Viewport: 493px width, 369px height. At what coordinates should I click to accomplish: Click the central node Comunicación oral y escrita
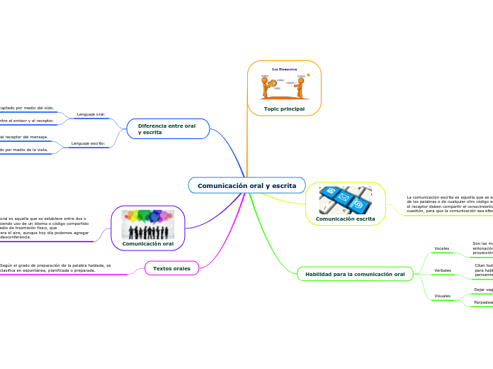(246, 185)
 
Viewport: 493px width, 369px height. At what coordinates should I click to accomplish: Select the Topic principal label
(284, 109)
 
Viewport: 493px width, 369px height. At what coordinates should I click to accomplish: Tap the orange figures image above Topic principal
(284, 84)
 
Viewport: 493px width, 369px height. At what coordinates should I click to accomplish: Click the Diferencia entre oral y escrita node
(168, 128)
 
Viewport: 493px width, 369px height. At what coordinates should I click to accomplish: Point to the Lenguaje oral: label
(91, 114)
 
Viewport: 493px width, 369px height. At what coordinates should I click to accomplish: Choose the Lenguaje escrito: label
(89, 143)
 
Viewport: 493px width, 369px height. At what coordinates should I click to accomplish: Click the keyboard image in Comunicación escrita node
(345, 200)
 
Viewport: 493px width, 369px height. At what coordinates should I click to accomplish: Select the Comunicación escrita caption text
(345, 219)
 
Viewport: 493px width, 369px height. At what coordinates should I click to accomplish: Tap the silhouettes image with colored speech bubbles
(148, 224)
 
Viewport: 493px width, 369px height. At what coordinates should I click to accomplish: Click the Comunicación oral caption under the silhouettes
(148, 243)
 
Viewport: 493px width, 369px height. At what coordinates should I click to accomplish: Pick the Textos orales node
(171, 268)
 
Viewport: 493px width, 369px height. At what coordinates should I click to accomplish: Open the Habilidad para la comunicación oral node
(355, 274)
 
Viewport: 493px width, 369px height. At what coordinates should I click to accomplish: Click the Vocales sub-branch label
(442, 248)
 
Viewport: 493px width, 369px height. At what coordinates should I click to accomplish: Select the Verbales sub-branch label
(443, 270)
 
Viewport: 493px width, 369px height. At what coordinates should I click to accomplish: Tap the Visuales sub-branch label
(442, 295)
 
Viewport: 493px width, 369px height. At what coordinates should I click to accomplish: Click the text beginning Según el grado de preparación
(55, 268)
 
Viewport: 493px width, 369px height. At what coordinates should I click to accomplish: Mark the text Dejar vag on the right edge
(483, 290)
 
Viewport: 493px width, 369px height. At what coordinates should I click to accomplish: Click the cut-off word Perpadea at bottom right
(483, 302)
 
